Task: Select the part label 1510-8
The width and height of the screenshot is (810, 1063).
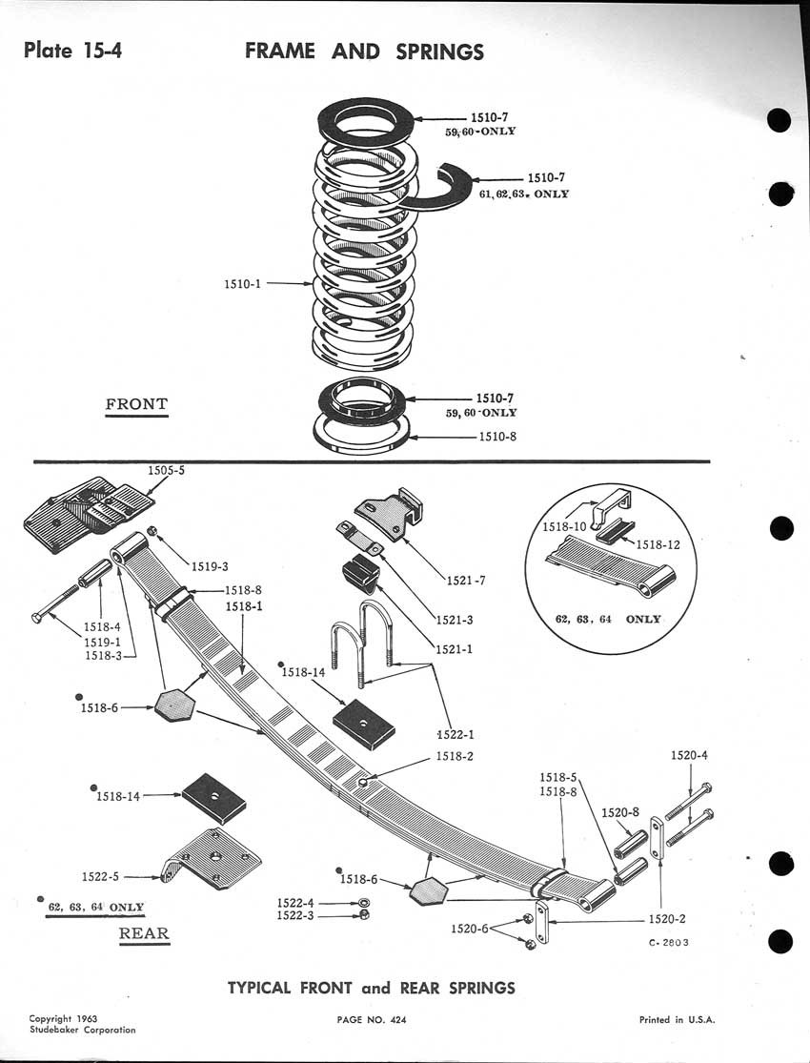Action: pos(497,438)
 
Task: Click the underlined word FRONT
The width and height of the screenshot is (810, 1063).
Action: pos(135,404)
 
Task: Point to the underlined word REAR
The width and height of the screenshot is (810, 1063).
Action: pos(144,933)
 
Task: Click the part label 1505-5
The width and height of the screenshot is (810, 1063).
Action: pos(168,470)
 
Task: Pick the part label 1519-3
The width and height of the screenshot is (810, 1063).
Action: pos(209,566)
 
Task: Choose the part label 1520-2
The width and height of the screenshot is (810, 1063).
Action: pos(668,919)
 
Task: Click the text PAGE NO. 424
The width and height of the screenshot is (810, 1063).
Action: pos(372,1020)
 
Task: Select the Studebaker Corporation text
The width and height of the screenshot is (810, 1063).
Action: pos(82,1030)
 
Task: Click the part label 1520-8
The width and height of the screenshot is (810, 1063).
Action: pos(621,813)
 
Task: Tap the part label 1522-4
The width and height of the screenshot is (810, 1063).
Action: pos(296,902)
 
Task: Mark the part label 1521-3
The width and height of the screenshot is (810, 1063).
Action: pos(456,620)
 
